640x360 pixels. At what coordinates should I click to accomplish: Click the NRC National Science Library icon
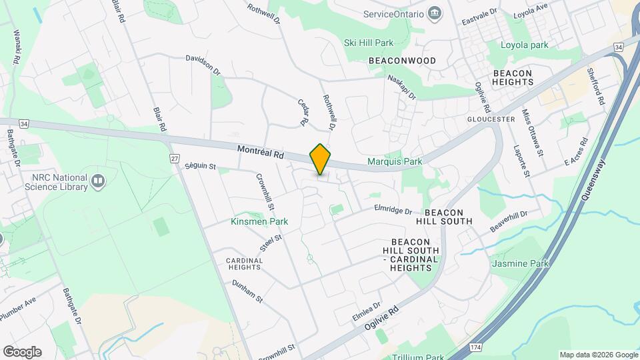click(x=98, y=181)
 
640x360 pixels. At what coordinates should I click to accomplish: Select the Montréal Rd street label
click(x=261, y=153)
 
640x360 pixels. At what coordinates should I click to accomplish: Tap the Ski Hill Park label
click(x=369, y=43)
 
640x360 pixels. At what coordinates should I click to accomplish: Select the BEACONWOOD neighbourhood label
click(x=402, y=61)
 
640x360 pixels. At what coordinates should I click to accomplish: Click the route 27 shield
click(x=175, y=158)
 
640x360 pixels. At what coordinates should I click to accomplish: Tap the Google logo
click(x=22, y=352)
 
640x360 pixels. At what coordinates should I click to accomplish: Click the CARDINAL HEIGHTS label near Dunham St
click(x=243, y=263)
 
